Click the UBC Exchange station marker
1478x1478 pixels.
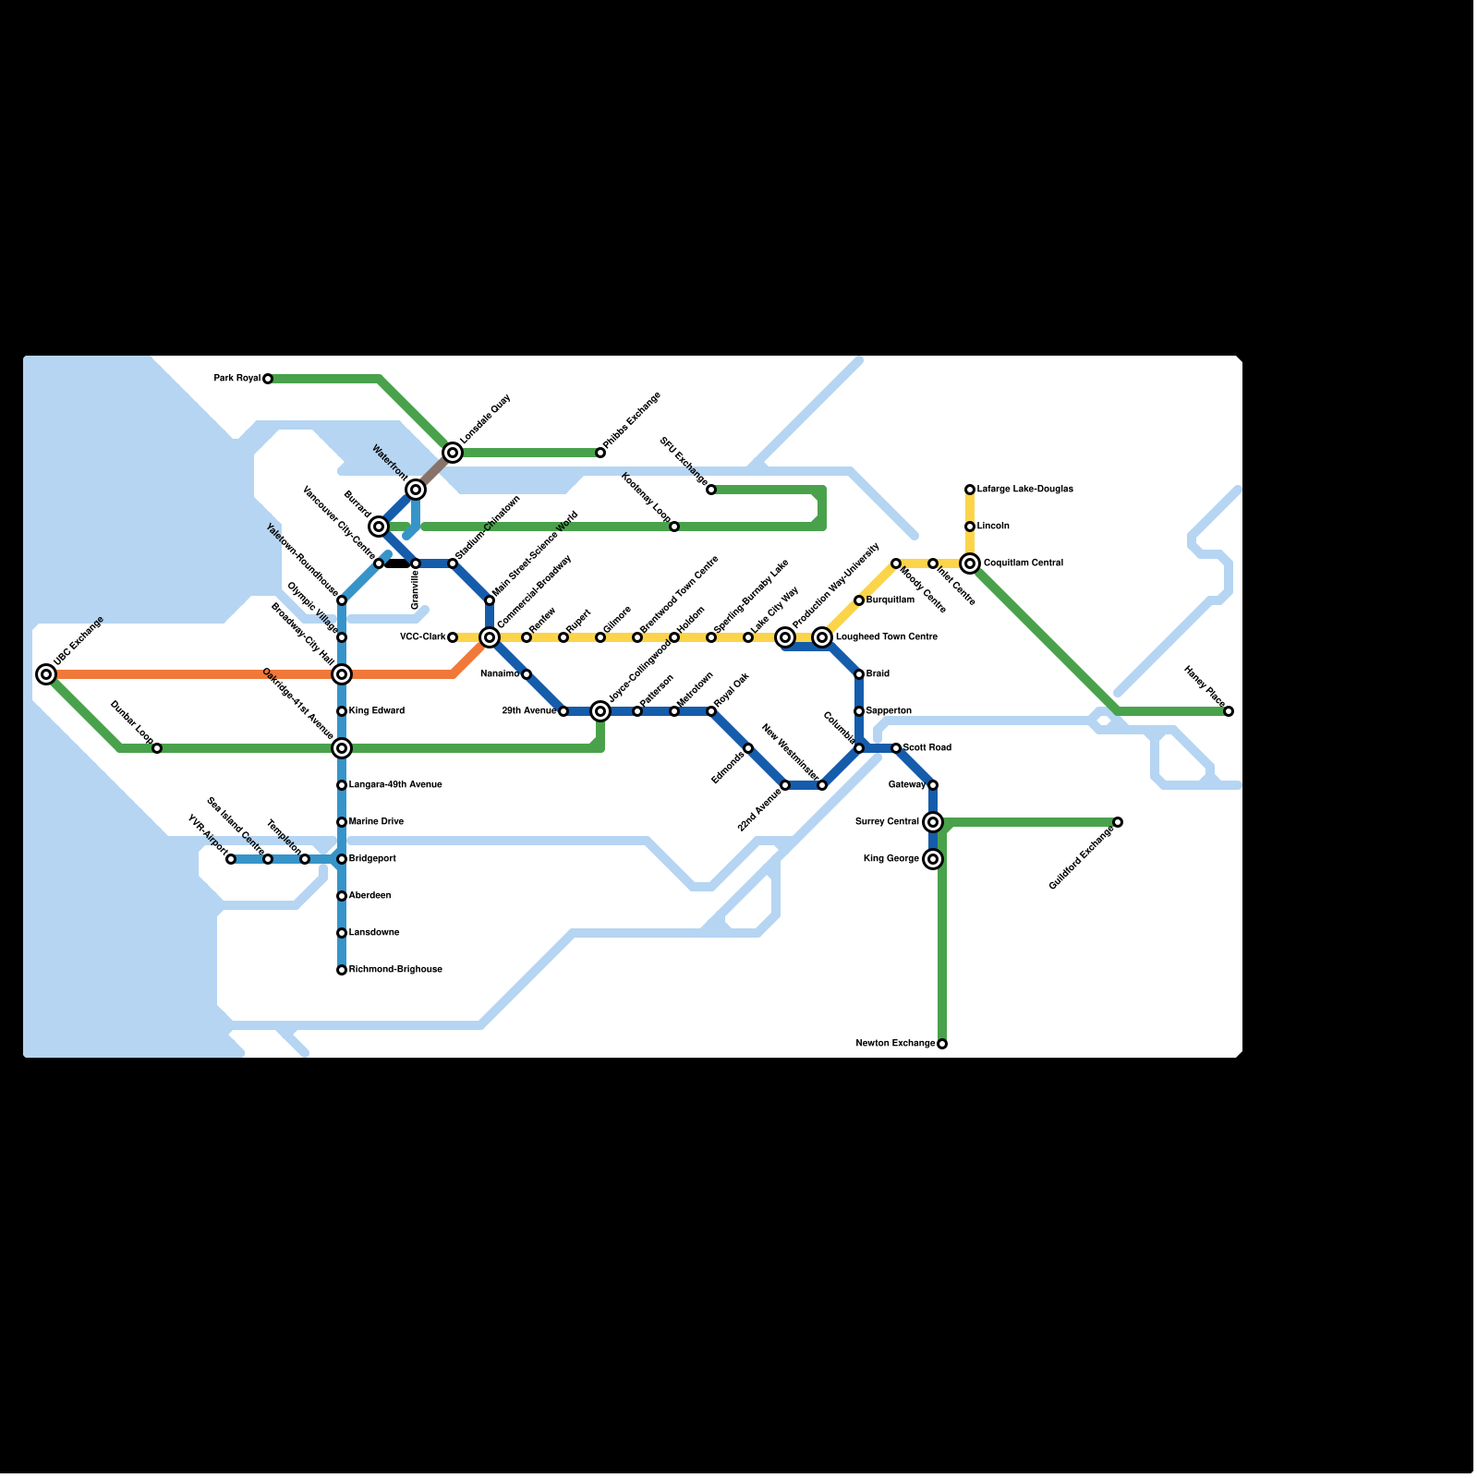pyautogui.click(x=46, y=674)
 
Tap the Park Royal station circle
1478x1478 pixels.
pyautogui.click(x=268, y=379)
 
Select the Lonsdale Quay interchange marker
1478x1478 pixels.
pyautogui.click(x=453, y=453)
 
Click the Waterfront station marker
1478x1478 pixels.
pyautogui.click(x=416, y=490)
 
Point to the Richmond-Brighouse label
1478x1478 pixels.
pyautogui.click(x=395, y=970)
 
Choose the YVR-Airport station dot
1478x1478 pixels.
pyautogui.click(x=231, y=859)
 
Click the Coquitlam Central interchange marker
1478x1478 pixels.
pyautogui.click(x=970, y=563)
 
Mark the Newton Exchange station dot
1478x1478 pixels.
pyautogui.click(x=942, y=1044)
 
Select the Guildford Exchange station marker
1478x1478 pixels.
pyautogui.click(x=1118, y=822)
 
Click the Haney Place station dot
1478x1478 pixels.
pyautogui.click(x=1229, y=711)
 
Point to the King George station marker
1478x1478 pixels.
pyautogui.click(x=933, y=859)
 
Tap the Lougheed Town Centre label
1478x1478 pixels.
pyautogui.click(x=886, y=637)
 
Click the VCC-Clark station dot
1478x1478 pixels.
pyautogui.click(x=453, y=637)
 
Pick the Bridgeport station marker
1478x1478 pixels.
pyautogui.click(x=342, y=859)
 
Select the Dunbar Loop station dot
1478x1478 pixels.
pyautogui.click(x=157, y=748)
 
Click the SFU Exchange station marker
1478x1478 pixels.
pyautogui.click(x=711, y=490)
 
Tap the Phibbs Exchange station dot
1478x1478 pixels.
pyautogui.click(x=600, y=453)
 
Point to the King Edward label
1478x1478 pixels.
pyautogui.click(x=377, y=711)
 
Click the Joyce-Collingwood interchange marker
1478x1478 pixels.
pyautogui.click(x=600, y=711)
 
